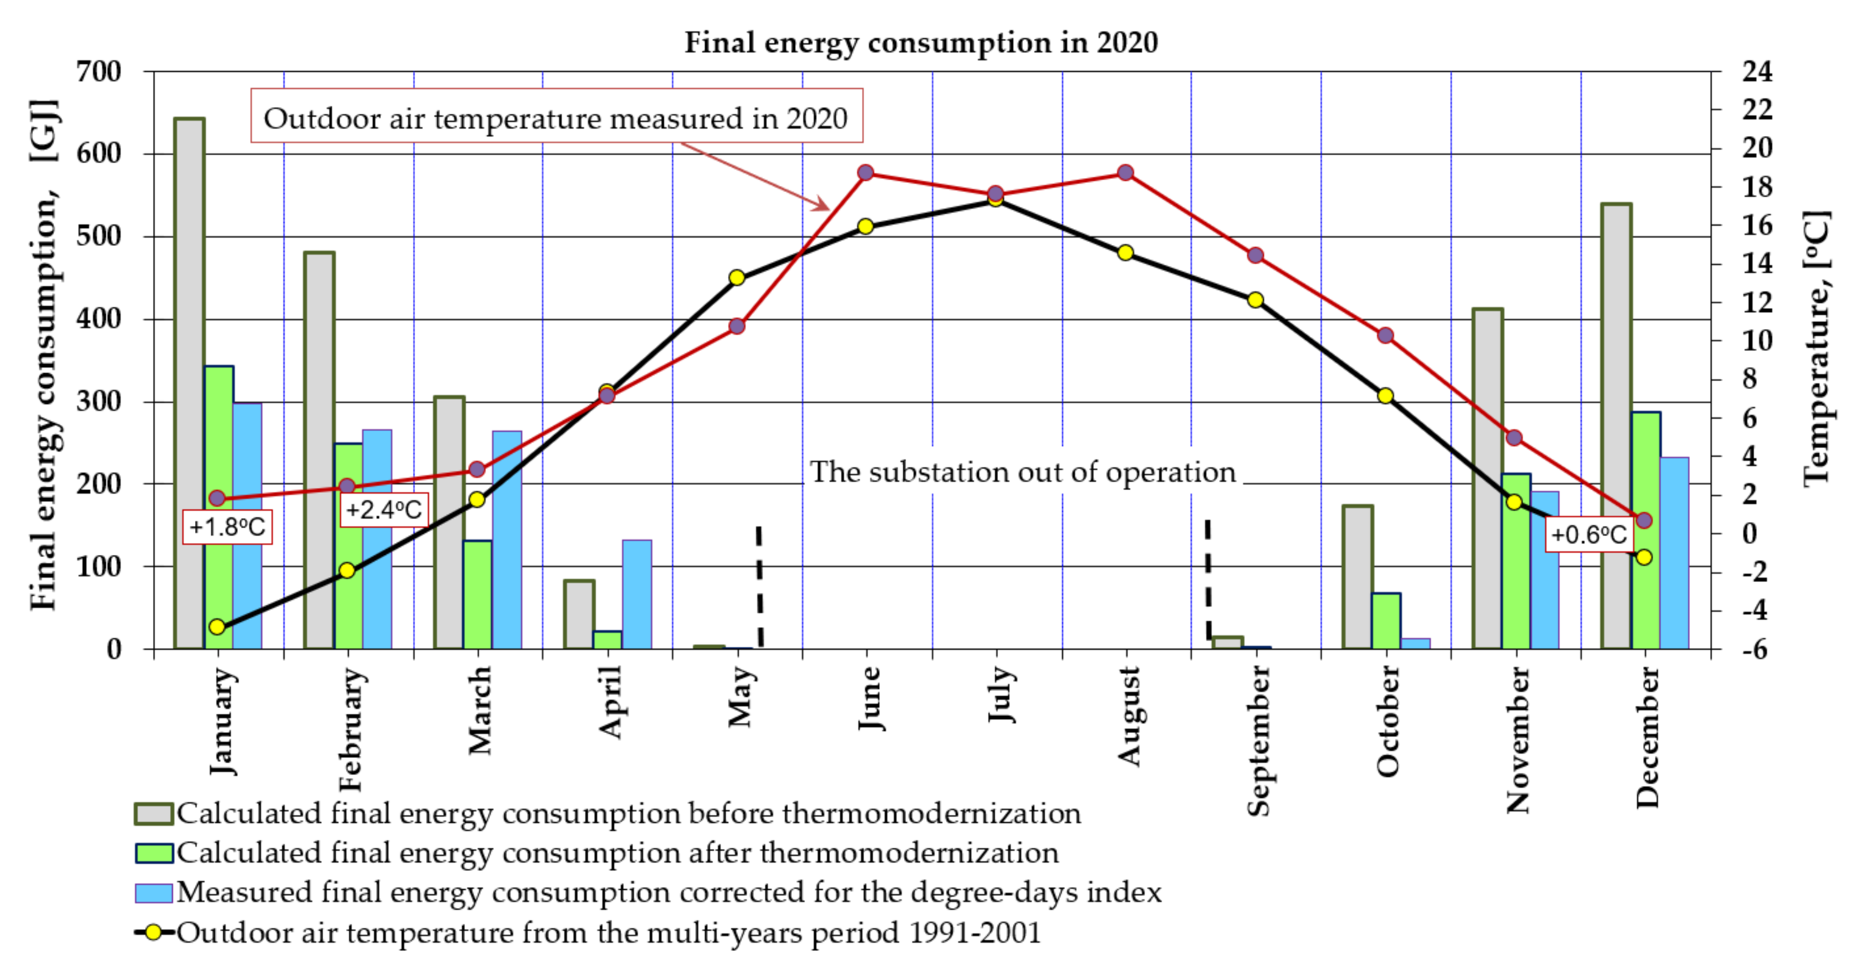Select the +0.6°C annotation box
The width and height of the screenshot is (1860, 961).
click(x=1588, y=535)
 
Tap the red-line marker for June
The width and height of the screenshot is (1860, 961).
click(x=866, y=173)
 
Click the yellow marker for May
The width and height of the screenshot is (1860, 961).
click(x=737, y=277)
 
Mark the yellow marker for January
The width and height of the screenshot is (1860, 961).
click(x=217, y=627)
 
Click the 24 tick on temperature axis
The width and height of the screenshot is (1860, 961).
click(x=1757, y=71)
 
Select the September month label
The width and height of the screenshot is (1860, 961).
click(x=1258, y=740)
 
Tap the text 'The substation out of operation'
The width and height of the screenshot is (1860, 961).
click(x=1022, y=472)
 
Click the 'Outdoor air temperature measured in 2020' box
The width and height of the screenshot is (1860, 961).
click(x=556, y=116)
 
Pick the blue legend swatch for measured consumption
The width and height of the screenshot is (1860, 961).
click(x=154, y=893)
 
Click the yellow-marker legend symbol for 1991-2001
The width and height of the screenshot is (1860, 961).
click(x=154, y=932)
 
